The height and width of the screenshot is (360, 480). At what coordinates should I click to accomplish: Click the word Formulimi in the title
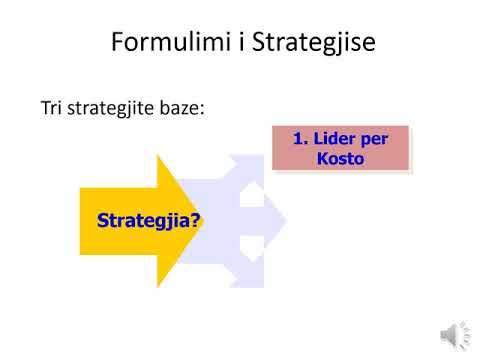tap(160, 46)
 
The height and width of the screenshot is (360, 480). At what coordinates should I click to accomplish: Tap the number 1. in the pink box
tap(301, 139)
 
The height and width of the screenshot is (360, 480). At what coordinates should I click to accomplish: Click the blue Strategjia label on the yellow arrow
tap(139, 220)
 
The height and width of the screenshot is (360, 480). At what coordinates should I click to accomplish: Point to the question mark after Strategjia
tap(194, 220)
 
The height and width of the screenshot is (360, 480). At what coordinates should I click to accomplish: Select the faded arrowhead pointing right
tap(277, 221)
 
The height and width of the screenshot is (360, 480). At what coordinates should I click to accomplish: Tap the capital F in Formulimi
tap(117, 46)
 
